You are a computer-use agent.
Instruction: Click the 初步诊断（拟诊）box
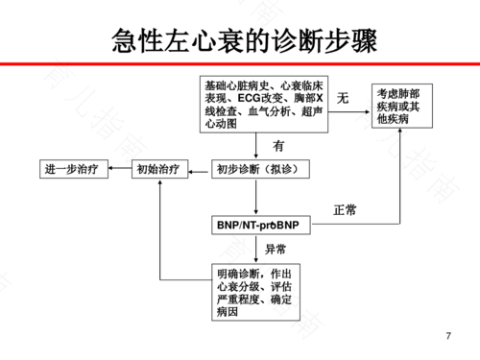[255, 170]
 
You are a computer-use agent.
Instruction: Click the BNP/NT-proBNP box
[258, 225]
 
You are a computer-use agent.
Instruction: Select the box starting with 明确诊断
[255, 293]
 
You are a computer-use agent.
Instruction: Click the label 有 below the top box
[278, 147]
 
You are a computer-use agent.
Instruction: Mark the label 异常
[276, 249]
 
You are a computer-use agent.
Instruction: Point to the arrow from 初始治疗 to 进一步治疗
[119, 170]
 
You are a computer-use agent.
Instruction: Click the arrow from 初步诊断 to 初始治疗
[198, 170]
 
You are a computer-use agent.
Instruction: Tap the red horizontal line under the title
[240, 62]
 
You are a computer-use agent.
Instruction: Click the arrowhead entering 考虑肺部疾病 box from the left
[367, 112]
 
